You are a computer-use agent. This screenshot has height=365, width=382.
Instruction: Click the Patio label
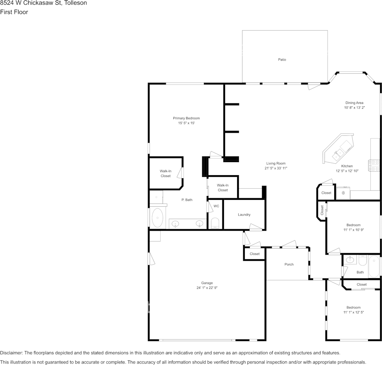(282, 59)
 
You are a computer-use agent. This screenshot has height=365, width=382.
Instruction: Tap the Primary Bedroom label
(186, 118)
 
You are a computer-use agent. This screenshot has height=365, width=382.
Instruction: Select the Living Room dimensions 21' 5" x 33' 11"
(276, 168)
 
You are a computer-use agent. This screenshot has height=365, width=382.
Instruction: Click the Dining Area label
(354, 103)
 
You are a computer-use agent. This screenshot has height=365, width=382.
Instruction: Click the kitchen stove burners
(374, 166)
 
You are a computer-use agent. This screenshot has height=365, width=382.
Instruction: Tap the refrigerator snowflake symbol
(343, 193)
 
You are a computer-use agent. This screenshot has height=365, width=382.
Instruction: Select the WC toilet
(215, 223)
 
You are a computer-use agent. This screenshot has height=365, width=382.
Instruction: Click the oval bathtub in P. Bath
(157, 218)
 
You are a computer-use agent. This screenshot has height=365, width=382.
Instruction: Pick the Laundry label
(244, 215)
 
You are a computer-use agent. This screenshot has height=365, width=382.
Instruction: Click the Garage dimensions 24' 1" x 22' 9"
(207, 288)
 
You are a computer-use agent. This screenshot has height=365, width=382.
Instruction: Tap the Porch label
(289, 264)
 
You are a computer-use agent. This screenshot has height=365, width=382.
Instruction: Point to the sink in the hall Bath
(351, 259)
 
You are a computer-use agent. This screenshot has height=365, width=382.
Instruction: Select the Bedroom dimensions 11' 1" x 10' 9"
(353, 230)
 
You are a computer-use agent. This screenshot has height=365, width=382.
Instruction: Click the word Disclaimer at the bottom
(11, 353)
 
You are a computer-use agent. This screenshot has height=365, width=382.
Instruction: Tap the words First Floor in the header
(14, 12)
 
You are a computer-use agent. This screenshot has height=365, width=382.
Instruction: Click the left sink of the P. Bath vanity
(175, 223)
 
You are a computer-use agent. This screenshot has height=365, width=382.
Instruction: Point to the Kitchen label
(347, 166)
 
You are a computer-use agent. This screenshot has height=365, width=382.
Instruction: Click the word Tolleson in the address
(76, 3)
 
